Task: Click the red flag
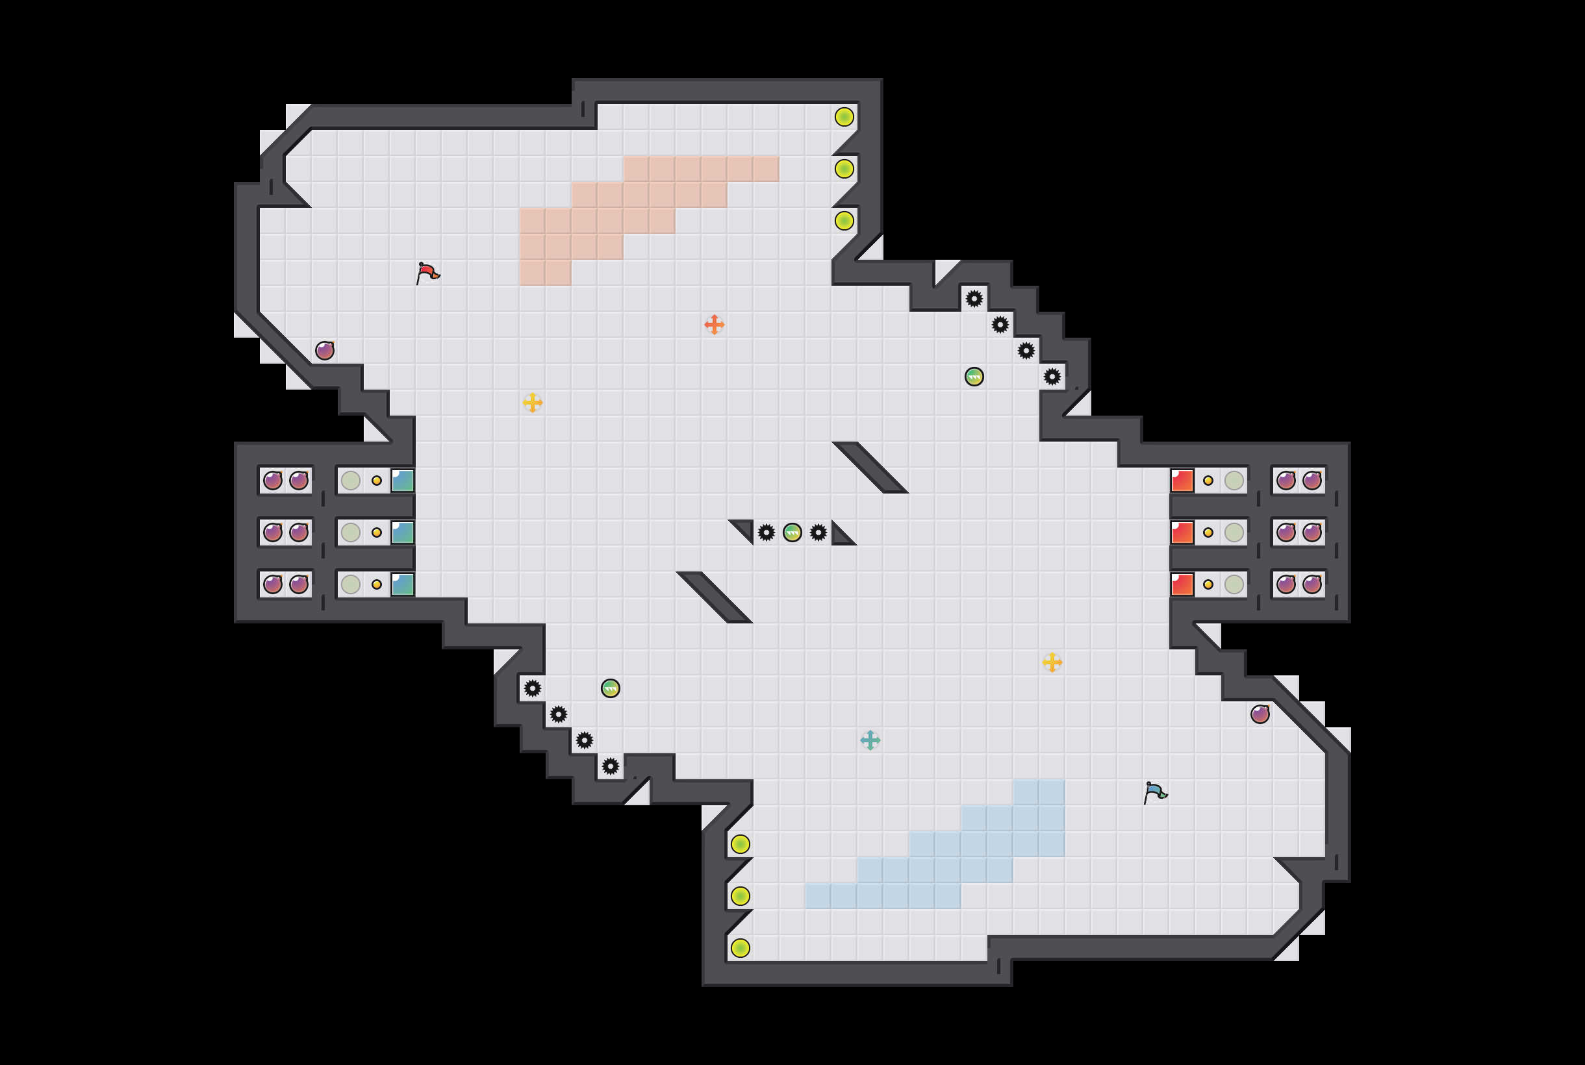point(427,273)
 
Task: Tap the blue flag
point(1155,792)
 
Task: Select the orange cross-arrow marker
point(714,325)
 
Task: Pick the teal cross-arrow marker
point(870,740)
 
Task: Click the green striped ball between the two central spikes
point(792,532)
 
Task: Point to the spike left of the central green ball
point(767,532)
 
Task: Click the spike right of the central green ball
point(818,532)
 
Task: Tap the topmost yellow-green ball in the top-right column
point(844,117)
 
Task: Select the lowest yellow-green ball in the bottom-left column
point(741,947)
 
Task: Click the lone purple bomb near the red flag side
point(325,351)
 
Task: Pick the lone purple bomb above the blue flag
point(1260,714)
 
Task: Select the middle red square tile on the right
point(1182,532)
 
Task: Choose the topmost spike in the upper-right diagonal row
point(974,299)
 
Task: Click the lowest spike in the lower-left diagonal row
point(611,766)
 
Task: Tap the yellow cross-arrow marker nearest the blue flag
point(1052,662)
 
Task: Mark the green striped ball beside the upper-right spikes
point(974,376)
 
